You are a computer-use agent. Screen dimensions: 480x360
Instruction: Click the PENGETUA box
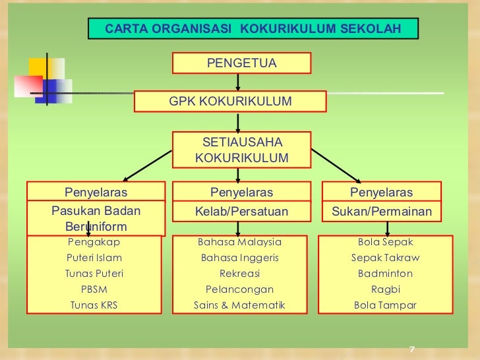pos(241,63)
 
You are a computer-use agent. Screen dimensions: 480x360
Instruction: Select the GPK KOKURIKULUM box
pos(230,102)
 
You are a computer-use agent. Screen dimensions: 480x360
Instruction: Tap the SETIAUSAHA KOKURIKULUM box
pos(241,150)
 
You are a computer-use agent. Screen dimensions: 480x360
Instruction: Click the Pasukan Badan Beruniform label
pos(96,218)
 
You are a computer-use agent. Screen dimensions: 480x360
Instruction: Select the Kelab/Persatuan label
pos(241,212)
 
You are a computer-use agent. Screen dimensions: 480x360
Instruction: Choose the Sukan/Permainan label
pos(381,212)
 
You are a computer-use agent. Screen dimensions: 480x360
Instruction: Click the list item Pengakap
pos(94,242)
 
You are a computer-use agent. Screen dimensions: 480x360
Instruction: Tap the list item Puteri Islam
pos(94,258)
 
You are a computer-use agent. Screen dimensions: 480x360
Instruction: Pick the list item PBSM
pos(94,289)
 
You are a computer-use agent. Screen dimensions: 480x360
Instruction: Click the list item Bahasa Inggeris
pos(240,258)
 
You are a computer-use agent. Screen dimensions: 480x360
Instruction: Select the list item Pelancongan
pos(240,289)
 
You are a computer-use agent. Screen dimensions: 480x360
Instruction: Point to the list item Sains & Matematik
pos(240,305)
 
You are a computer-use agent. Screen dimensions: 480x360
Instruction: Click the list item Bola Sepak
pos(386,242)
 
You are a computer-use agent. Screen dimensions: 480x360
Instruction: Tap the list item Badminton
pos(386,274)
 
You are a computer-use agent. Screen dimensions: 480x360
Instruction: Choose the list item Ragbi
pos(386,289)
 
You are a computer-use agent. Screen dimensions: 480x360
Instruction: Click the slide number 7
pos(411,349)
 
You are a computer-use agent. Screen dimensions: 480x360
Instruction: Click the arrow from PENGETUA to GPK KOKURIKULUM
pos(238,82)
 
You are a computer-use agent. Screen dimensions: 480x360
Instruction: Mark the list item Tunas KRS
pos(94,305)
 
